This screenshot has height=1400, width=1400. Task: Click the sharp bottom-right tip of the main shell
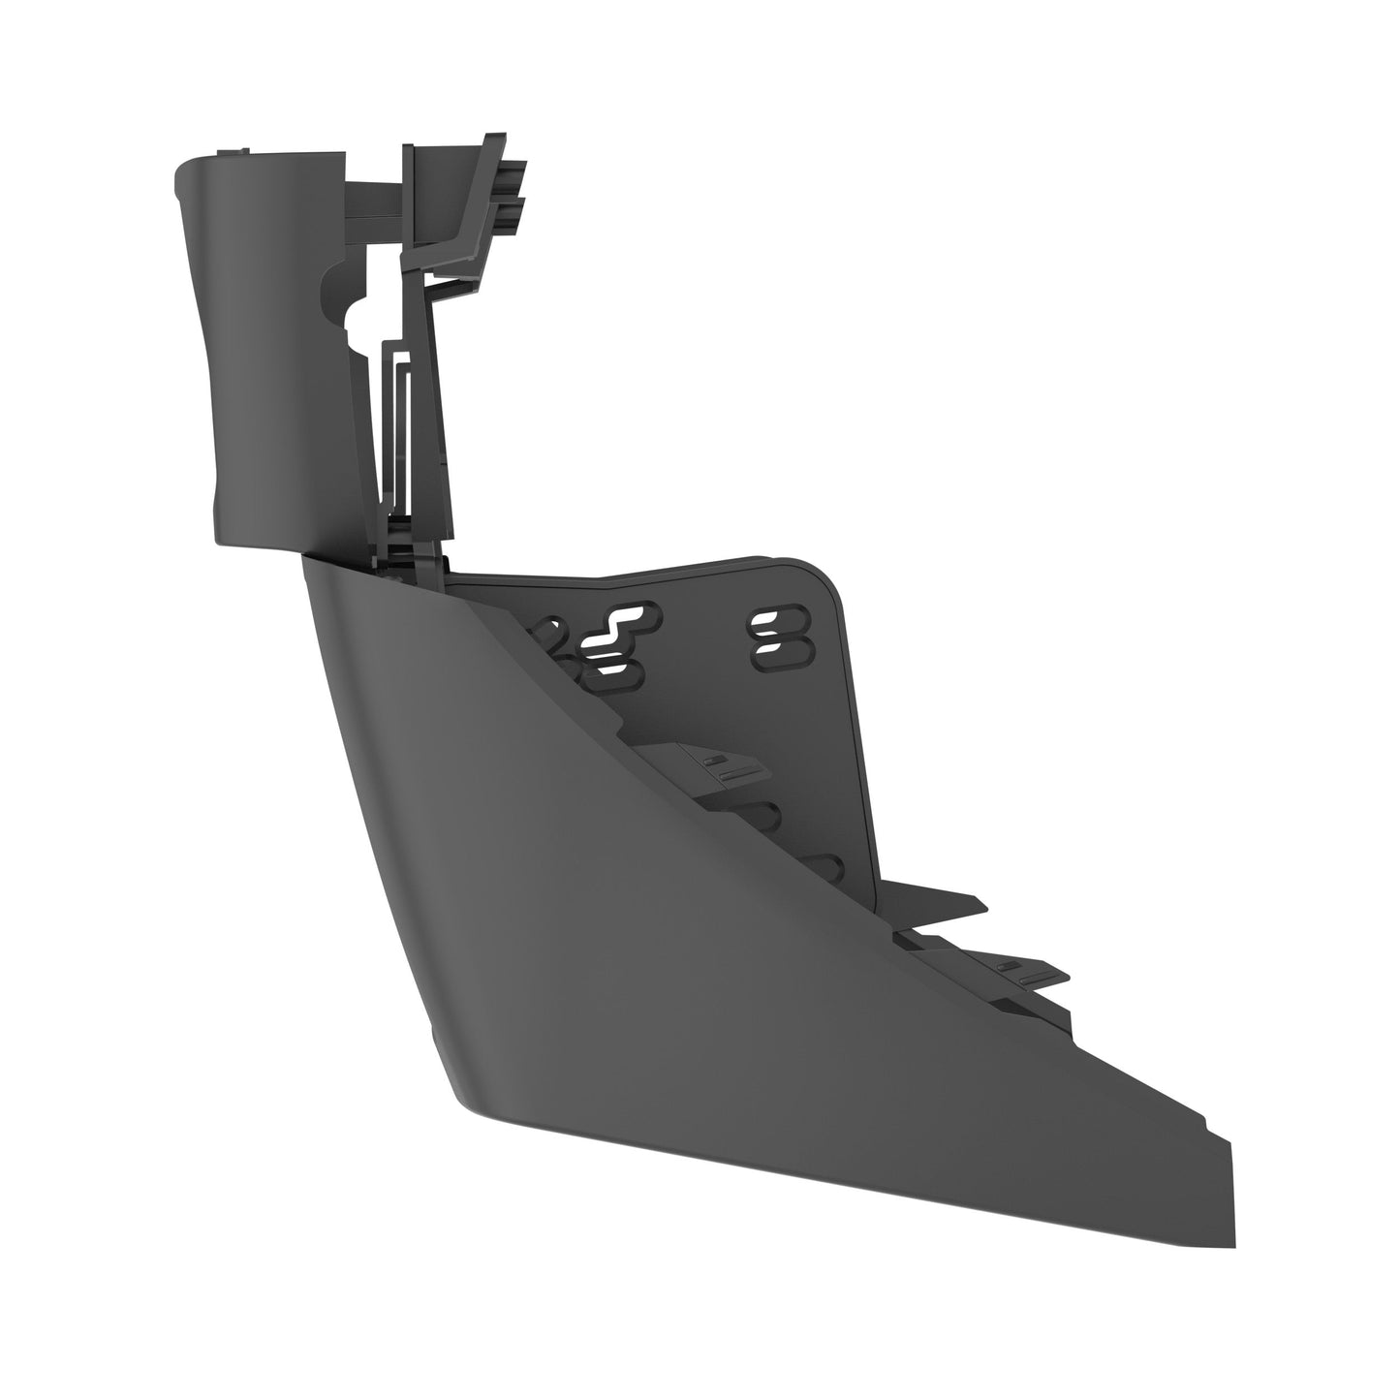(x=1232, y=1240)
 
